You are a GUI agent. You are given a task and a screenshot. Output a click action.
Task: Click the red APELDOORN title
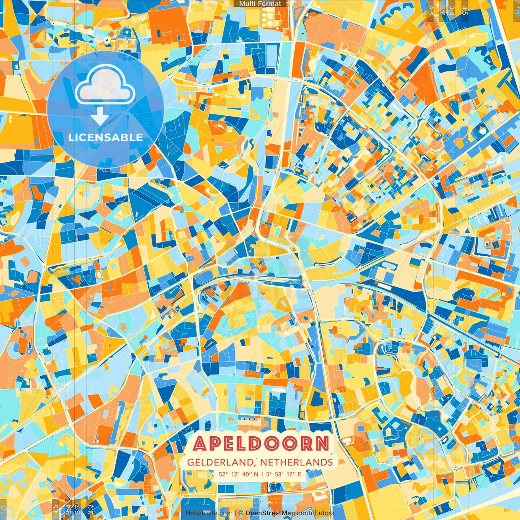[260, 444]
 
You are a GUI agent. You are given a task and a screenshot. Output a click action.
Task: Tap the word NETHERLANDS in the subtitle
[297, 462]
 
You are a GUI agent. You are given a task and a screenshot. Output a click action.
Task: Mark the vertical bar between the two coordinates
[262, 474]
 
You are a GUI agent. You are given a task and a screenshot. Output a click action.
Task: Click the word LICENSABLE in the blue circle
[106, 137]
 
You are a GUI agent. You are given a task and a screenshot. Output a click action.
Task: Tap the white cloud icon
[105, 84]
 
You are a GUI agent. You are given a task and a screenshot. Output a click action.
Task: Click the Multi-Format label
[260, 4]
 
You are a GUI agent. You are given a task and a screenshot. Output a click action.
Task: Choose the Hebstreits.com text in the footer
[209, 513]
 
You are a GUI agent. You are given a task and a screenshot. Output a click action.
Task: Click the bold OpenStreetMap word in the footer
[270, 513]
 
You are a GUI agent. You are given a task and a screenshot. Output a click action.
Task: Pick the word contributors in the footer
[316, 513]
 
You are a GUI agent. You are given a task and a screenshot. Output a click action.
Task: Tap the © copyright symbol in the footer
[241, 513]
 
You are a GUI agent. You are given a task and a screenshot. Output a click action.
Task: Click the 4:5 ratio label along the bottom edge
[55, 509]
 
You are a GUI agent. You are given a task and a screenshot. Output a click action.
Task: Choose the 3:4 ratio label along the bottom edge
[68, 509]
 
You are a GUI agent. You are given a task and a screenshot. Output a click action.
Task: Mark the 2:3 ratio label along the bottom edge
[90, 509]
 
